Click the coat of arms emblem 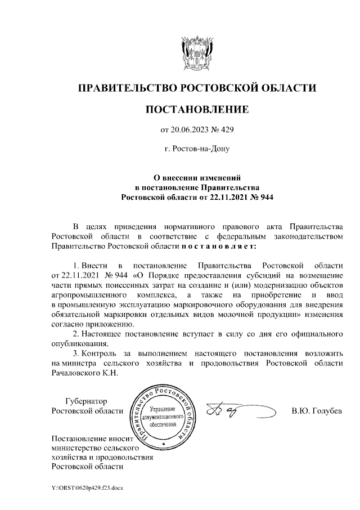(x=196, y=52)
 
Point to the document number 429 (x=226, y=130)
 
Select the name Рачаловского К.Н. (x=85, y=375)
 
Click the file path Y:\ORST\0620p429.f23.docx (x=87, y=487)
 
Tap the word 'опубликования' (x=77, y=343)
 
